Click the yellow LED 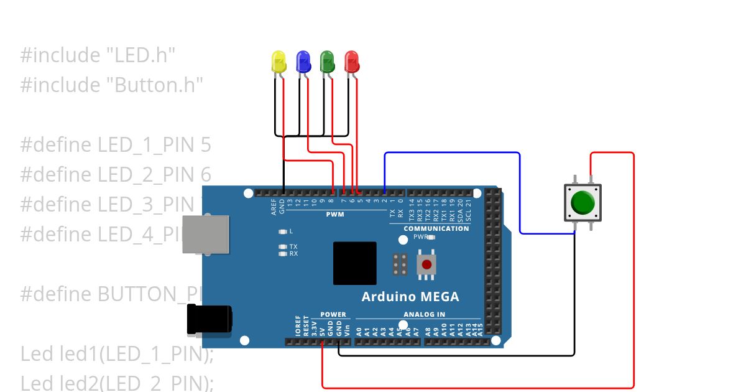coord(279,62)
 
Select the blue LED coord(303,62)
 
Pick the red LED coord(352,62)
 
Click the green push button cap coord(583,202)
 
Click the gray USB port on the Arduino coord(205,234)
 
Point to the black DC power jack coord(210,319)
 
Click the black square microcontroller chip coord(354,263)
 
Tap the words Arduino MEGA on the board coord(410,297)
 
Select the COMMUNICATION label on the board coord(436,228)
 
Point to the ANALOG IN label coord(424,314)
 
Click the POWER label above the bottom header coord(333,314)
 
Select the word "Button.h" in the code coord(159,85)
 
